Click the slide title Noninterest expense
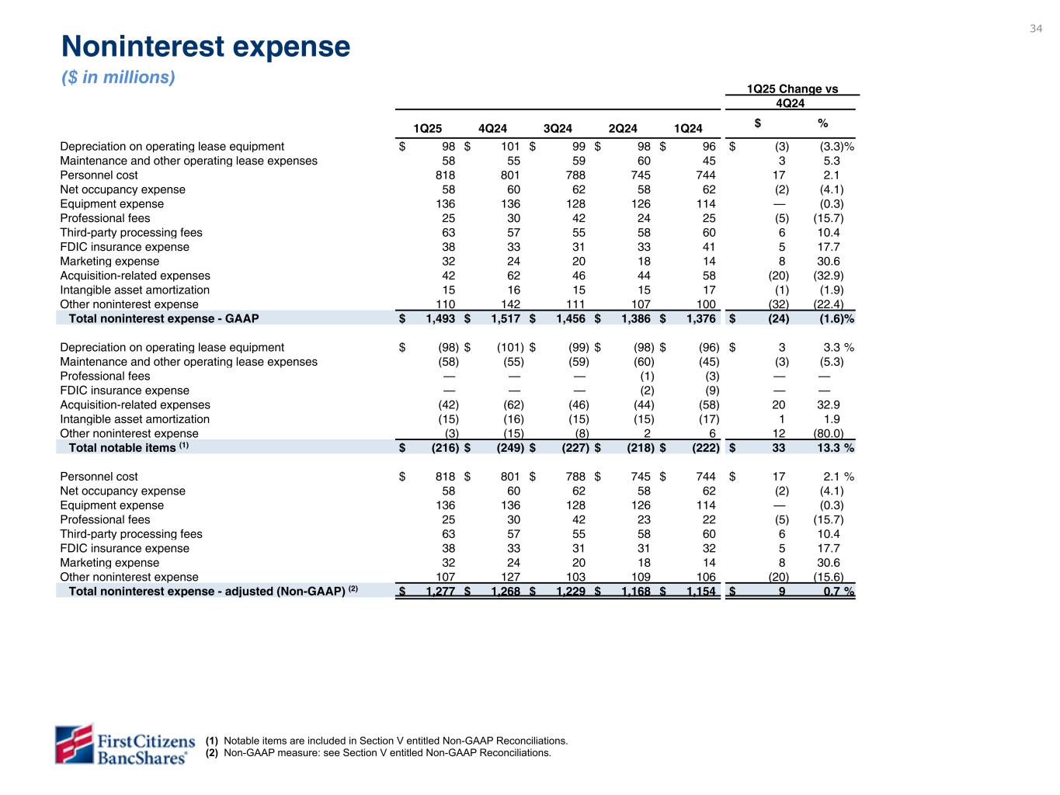coord(206,48)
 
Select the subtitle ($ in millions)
coord(118,78)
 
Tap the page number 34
coord(1036,29)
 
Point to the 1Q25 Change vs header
coord(791,89)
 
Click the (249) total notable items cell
coord(509,448)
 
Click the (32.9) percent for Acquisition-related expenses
coord(828,276)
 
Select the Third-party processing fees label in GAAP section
coord(131,233)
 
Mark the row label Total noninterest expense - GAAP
coord(164,318)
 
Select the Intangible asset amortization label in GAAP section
coord(135,290)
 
